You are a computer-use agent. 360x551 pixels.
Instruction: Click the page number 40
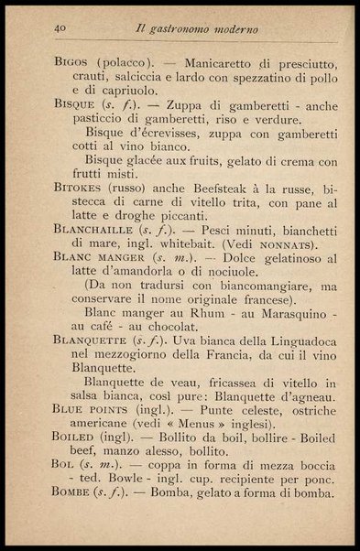pyautogui.click(x=61, y=28)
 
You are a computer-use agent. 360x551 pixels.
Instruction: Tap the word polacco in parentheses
pyautogui.click(x=127, y=63)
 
